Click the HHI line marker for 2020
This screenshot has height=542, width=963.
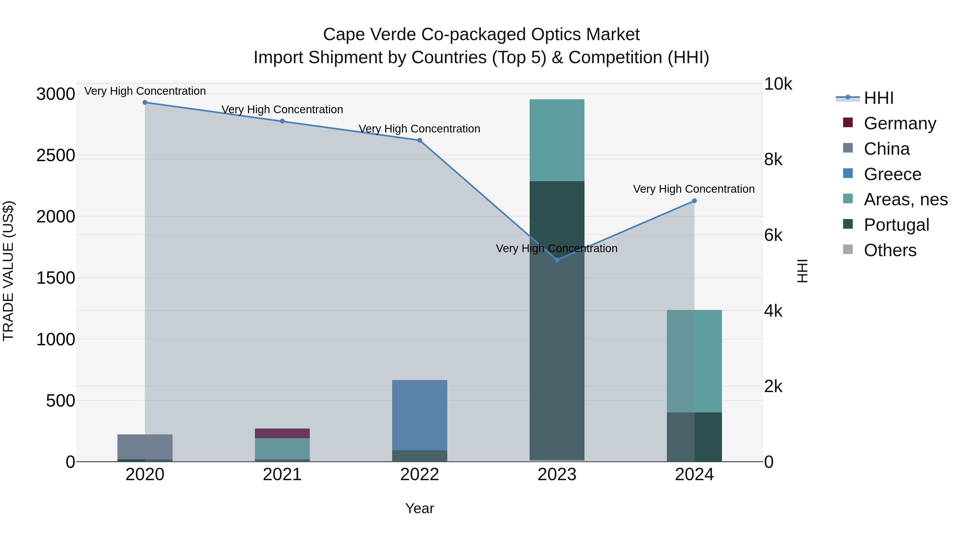tap(145, 103)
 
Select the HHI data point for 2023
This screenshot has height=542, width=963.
tap(557, 260)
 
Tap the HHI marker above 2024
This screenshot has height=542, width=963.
tap(694, 201)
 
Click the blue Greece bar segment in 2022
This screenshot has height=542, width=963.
tap(419, 415)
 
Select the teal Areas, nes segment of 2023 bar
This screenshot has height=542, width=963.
tap(557, 140)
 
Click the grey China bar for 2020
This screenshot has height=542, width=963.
tap(145, 447)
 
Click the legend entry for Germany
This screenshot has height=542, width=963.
tap(899, 123)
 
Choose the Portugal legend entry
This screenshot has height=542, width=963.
tap(896, 225)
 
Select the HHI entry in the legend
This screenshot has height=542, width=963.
tap(878, 98)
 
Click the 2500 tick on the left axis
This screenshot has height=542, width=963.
tap(55, 155)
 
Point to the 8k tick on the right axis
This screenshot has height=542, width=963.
tap(773, 160)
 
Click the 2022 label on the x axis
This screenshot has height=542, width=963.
tap(419, 475)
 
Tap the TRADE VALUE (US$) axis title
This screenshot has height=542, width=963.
tap(8, 271)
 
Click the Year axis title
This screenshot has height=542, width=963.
tap(419, 508)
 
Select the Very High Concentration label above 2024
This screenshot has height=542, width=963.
tap(694, 189)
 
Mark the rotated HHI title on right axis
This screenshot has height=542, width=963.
tap(802, 271)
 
